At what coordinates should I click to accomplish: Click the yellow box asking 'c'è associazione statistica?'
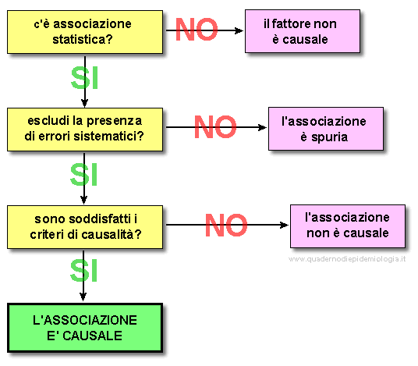click(85, 32)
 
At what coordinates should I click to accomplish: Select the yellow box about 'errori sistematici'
click(85, 130)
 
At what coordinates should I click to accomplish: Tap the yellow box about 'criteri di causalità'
click(85, 227)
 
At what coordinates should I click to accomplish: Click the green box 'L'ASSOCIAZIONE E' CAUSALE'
click(85, 328)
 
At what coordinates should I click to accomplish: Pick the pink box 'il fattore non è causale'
click(303, 31)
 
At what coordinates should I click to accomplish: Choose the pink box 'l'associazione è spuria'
click(326, 129)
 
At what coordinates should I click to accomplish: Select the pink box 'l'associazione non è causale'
click(348, 226)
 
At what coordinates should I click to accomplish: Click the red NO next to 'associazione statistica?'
click(197, 30)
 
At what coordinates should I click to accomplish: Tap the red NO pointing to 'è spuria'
click(215, 126)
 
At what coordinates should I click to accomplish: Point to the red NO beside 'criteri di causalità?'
click(226, 225)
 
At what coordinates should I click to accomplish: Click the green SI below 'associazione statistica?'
click(85, 77)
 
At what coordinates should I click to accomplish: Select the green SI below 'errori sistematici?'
click(83, 175)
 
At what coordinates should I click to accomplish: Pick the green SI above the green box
click(83, 271)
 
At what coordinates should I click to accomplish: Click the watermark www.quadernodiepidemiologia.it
click(347, 259)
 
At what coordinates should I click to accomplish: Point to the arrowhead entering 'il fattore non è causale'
click(239, 30)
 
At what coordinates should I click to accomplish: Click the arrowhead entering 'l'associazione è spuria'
click(262, 127)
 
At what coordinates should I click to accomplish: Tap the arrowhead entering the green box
click(83, 297)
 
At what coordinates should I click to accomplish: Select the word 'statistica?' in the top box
click(83, 40)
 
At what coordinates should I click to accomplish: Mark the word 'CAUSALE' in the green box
click(92, 336)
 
